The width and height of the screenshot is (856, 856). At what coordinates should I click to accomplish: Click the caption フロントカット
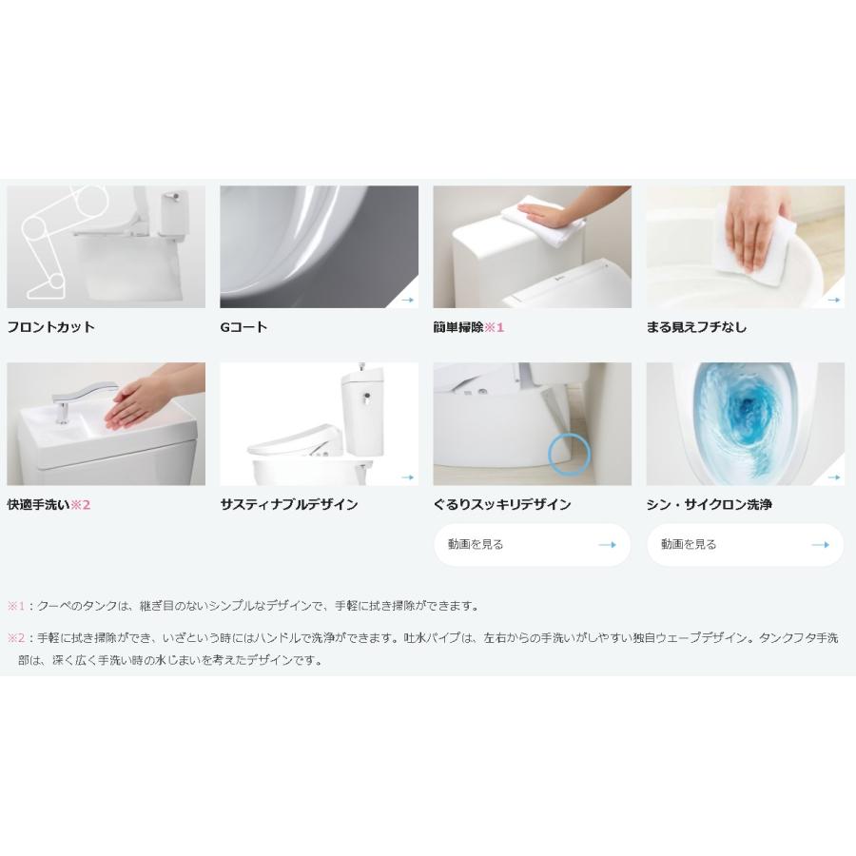tap(51, 327)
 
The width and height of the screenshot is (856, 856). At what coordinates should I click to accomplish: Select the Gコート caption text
tap(243, 327)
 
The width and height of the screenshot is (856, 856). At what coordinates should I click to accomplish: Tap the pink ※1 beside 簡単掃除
tap(495, 327)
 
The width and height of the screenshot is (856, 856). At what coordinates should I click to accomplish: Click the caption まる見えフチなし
tap(696, 327)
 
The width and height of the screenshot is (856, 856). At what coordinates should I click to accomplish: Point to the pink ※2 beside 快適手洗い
tap(81, 505)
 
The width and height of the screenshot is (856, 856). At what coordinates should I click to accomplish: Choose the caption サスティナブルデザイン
tap(289, 505)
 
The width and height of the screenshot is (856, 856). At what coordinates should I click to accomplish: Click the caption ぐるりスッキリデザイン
tap(502, 505)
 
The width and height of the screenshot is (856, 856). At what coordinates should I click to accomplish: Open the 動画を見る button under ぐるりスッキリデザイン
tap(532, 545)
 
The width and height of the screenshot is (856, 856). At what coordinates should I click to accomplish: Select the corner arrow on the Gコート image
tap(407, 300)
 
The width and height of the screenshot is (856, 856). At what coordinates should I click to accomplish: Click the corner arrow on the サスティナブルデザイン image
tap(407, 477)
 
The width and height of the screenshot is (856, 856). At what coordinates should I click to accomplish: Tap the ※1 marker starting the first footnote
tap(16, 606)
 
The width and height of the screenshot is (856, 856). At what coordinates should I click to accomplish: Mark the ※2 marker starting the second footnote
tap(16, 638)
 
